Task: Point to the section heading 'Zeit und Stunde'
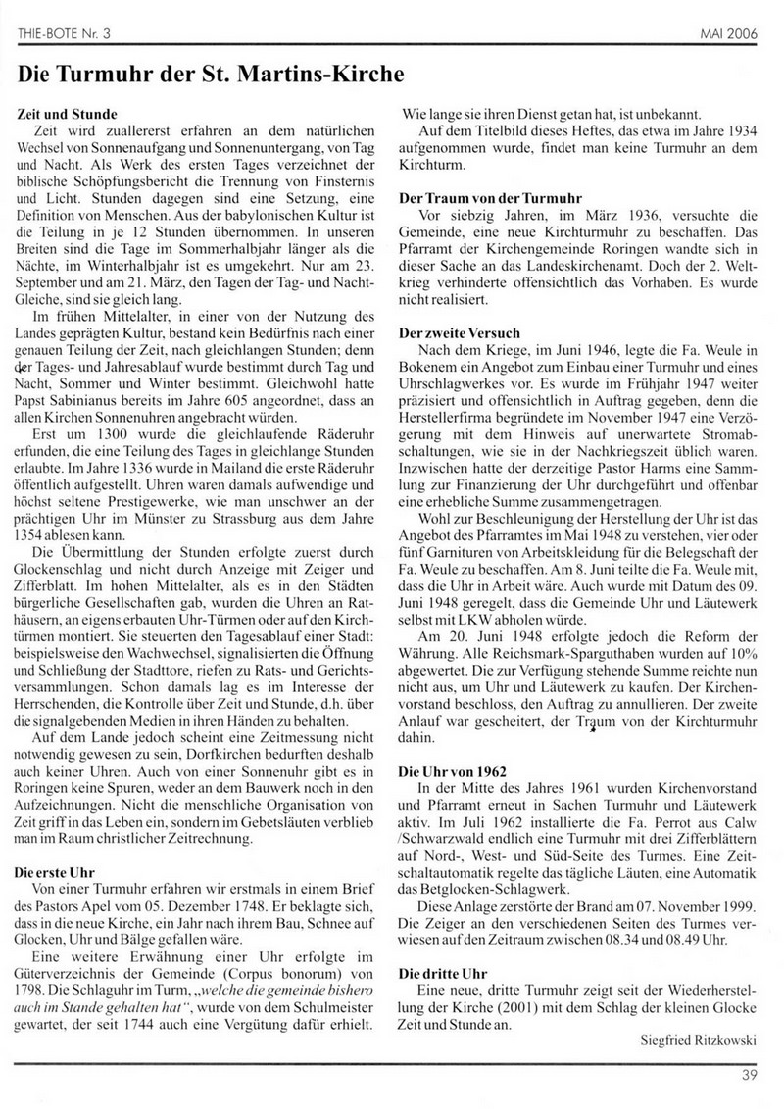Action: [x=68, y=114]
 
